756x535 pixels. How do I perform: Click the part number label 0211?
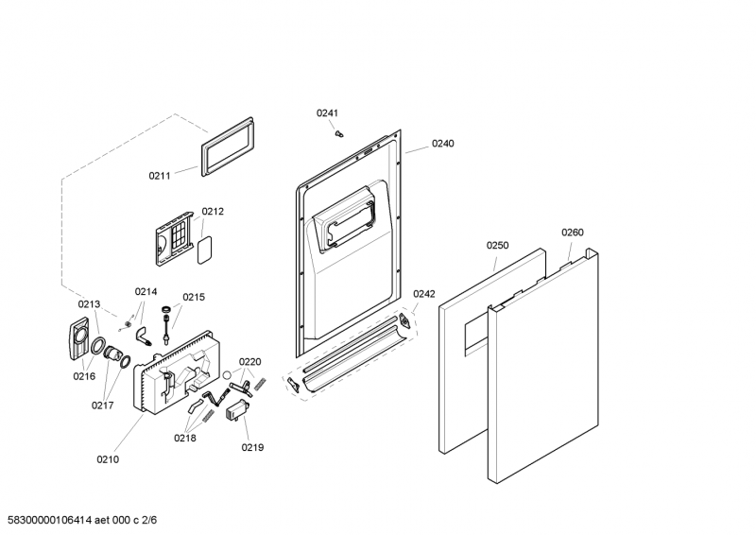[160, 175]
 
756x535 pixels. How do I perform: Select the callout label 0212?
[213, 211]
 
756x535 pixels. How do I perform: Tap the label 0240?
[442, 144]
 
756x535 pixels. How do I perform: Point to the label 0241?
[327, 112]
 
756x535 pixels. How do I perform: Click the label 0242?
[423, 294]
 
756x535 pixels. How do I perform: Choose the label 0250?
[497, 246]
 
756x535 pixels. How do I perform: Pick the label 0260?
[573, 233]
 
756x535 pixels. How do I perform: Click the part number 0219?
[252, 448]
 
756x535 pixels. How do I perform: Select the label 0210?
[108, 459]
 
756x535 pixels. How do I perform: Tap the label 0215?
[194, 297]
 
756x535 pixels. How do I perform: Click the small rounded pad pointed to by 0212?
[203, 250]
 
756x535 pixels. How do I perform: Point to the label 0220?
[249, 362]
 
